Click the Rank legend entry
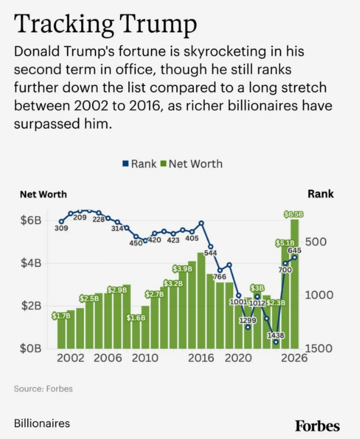coord(139,163)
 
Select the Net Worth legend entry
coord(192,163)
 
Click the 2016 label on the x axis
coord(199,358)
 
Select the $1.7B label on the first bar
coord(61,316)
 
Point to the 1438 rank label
coord(276,335)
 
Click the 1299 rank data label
coord(248,320)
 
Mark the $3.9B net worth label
coord(183,269)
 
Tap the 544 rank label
coord(210,253)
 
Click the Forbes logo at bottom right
coord(317,425)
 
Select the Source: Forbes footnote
coord(43,389)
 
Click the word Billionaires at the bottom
coord(42,423)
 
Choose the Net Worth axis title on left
coord(43,194)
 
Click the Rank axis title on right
coord(321,194)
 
